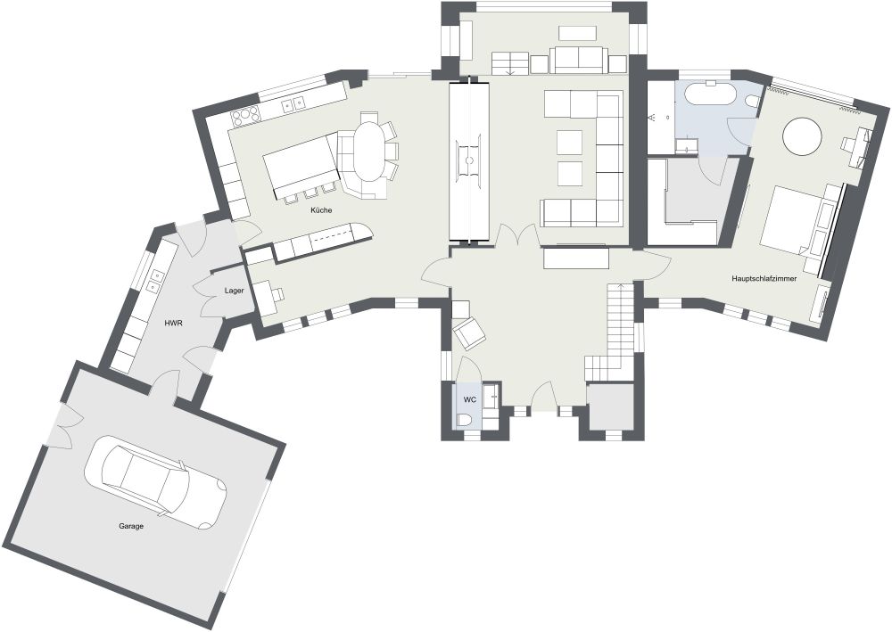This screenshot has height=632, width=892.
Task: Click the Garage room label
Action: point(131,526)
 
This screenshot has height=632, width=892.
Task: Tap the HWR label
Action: point(173,323)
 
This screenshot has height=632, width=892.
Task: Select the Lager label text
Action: point(235,291)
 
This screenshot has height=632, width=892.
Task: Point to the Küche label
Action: point(321,210)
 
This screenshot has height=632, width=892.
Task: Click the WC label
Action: point(469,400)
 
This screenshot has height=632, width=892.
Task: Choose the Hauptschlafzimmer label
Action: point(764,279)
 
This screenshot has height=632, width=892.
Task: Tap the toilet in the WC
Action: point(466,420)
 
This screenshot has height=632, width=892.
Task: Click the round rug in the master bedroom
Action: point(802,137)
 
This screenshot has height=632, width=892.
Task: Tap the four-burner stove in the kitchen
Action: point(245,115)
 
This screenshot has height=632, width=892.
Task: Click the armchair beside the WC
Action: point(469,333)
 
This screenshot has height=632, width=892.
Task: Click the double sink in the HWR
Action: point(154,281)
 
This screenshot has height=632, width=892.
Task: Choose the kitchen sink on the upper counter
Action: point(293,104)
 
